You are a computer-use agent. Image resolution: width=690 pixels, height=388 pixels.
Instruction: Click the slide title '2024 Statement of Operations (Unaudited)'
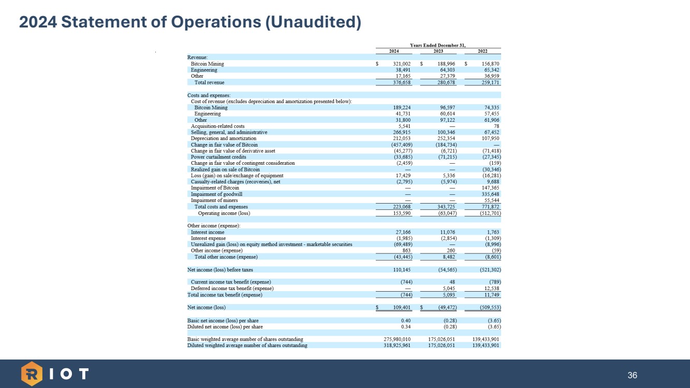click(x=190, y=22)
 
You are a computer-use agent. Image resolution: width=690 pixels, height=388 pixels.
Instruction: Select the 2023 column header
click(x=438, y=51)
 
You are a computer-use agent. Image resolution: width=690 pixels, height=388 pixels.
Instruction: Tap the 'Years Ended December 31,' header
click(x=438, y=45)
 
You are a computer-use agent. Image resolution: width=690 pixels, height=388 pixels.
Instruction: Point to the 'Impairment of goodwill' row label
click(x=216, y=194)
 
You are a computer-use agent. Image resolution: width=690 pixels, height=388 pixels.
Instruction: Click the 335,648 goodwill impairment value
click(x=489, y=194)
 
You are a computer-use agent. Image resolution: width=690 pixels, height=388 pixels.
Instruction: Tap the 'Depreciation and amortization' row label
click(x=224, y=138)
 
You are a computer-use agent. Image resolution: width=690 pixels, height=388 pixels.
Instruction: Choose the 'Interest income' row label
click(x=208, y=232)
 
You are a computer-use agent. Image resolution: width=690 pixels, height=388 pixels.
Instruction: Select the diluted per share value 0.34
click(x=406, y=327)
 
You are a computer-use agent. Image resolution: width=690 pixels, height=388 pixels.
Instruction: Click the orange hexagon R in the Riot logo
click(x=32, y=373)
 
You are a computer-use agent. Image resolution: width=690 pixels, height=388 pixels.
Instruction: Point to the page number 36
click(x=632, y=375)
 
